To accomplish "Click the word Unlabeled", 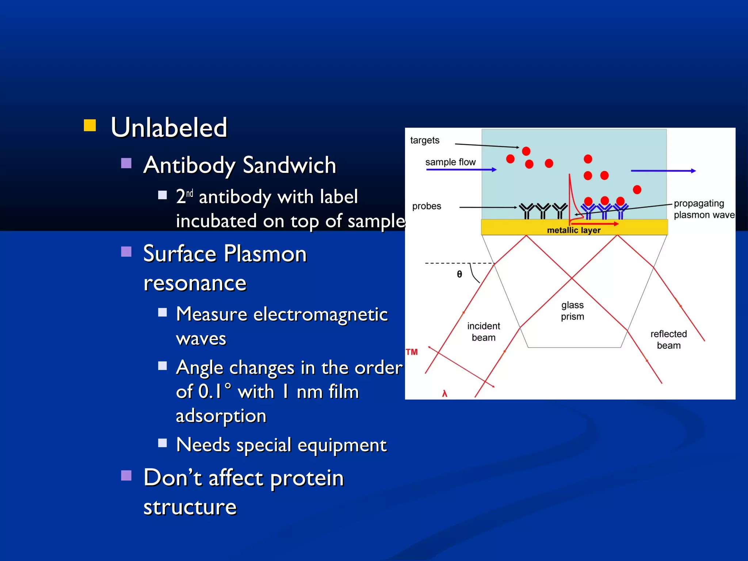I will (169, 127).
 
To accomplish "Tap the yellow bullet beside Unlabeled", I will (90, 125).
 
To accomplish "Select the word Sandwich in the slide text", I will (289, 165).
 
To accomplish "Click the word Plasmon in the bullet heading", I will (265, 253).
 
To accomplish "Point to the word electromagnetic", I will (320, 314).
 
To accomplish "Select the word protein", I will (307, 478).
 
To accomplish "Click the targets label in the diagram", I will (424, 140).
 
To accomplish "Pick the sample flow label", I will (450, 162).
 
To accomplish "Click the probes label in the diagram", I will (426, 206).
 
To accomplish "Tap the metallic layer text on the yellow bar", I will (573, 230).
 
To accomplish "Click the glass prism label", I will (572, 311).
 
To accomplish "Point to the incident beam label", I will (483, 332).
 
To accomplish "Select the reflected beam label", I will (668, 340).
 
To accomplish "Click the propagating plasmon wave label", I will (703, 209).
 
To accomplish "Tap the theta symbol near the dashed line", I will (459, 274).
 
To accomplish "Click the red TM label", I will (412, 352).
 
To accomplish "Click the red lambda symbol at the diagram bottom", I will (444, 393).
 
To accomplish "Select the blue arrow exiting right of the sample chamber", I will (663, 171).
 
